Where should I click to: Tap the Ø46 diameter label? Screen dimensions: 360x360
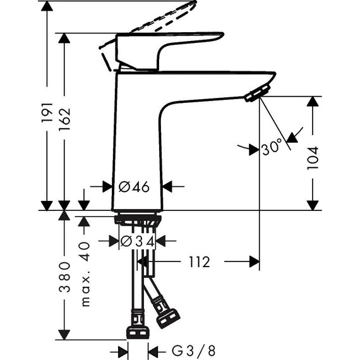[x=133, y=186]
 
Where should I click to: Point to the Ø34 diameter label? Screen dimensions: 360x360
[x=136, y=241]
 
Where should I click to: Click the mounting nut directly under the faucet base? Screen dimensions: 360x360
[x=138, y=220]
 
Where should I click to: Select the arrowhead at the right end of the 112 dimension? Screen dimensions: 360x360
[x=254, y=260]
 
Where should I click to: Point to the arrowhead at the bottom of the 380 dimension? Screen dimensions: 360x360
[x=64, y=334]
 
